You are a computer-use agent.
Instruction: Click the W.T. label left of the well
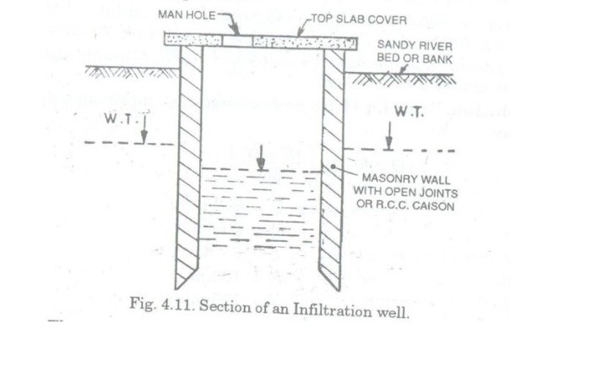(x=117, y=118)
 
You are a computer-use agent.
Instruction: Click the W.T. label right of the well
(x=409, y=112)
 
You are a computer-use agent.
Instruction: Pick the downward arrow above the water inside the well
(x=262, y=157)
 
